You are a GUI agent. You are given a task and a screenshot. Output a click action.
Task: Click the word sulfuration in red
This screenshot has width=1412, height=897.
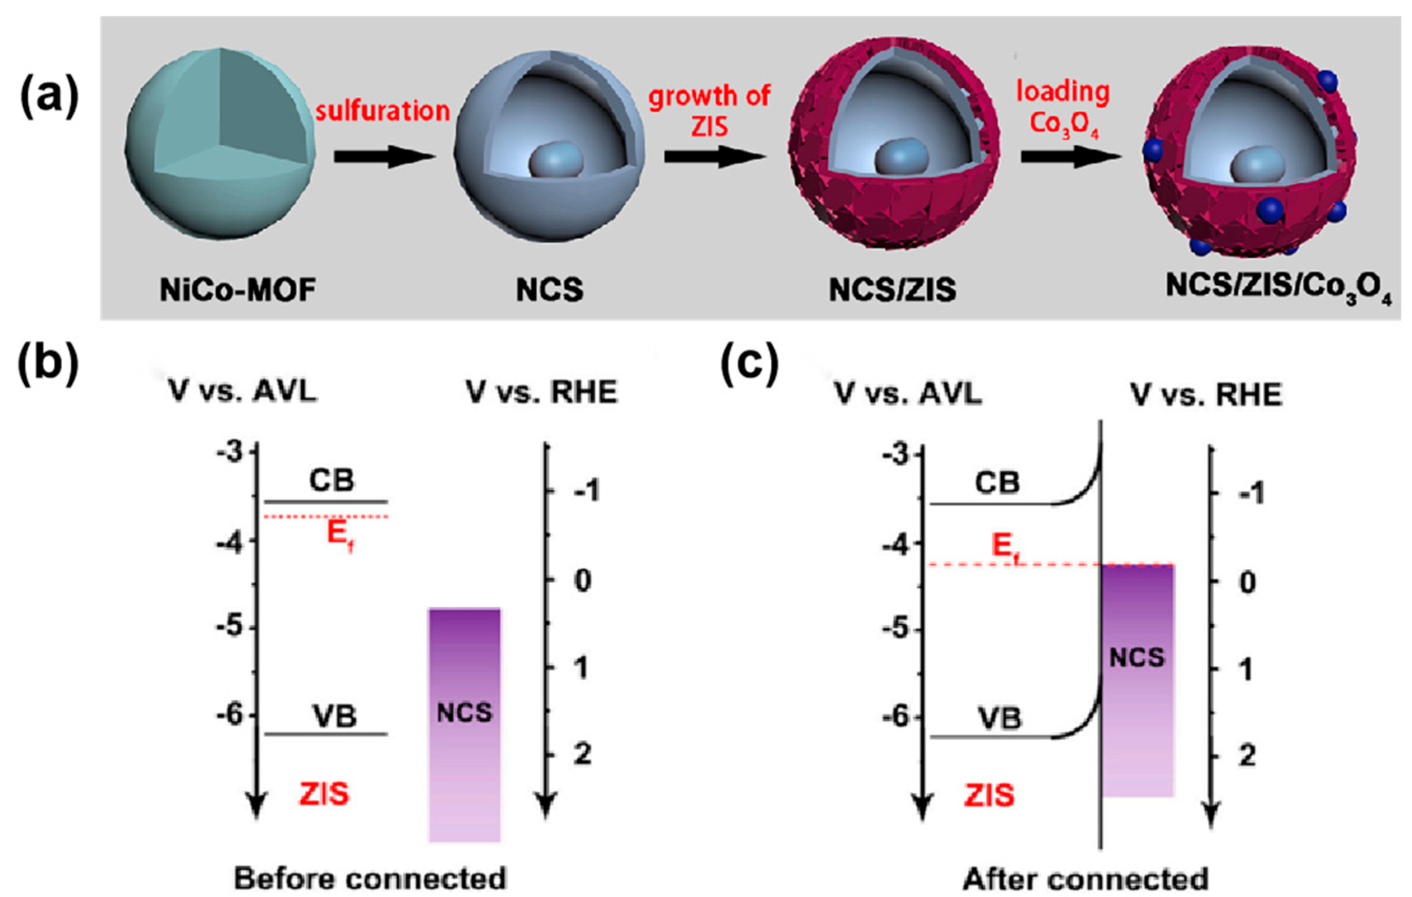[383, 111]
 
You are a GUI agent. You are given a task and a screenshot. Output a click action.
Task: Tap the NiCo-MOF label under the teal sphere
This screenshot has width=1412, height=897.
[238, 290]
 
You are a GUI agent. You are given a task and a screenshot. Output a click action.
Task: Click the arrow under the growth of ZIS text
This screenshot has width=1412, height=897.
[714, 157]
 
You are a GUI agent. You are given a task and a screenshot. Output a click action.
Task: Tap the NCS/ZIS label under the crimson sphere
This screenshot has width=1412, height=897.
[892, 290]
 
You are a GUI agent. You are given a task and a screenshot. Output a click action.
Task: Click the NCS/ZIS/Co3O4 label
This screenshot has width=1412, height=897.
[1278, 290]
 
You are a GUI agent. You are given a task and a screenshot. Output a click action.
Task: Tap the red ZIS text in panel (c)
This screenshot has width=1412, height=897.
[989, 796]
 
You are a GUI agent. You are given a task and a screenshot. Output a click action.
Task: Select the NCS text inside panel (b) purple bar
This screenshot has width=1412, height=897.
[464, 713]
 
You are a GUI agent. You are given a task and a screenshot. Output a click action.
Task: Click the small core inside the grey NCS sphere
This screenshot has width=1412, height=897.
[556, 160]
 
